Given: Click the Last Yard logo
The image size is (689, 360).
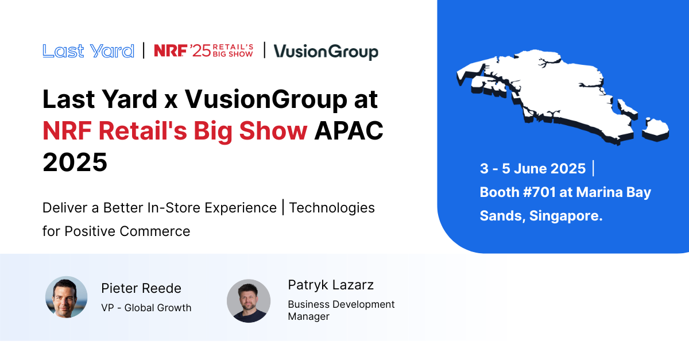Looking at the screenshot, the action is (88, 51).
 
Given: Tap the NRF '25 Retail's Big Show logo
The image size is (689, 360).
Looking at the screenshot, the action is (204, 51).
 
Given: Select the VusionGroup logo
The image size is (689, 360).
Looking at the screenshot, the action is (326, 52).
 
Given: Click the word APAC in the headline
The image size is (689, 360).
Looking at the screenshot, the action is (349, 130).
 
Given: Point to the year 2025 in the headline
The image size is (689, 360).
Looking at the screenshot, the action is (75, 162).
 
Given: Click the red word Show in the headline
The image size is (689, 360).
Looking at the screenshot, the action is (273, 130).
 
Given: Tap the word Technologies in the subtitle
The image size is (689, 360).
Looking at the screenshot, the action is (332, 208).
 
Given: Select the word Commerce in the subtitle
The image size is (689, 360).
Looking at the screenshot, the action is (154, 231).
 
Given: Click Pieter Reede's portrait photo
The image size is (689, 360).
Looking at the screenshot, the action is (67, 297).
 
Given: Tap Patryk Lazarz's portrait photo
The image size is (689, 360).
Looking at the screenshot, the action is (249, 301).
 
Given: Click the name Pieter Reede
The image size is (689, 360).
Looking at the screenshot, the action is (141, 288).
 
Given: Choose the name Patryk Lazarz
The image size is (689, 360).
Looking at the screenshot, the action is (331, 285).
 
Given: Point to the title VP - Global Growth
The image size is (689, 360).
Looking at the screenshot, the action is (146, 308).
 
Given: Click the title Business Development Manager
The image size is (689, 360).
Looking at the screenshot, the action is (341, 310).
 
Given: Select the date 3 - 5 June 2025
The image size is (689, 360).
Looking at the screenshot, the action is (533, 169).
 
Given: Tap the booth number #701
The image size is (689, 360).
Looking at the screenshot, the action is (540, 192).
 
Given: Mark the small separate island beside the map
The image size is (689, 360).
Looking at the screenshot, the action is (656, 130).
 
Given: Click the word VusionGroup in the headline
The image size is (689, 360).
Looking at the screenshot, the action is (266, 100).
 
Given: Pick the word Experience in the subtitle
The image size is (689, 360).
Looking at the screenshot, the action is (241, 208).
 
